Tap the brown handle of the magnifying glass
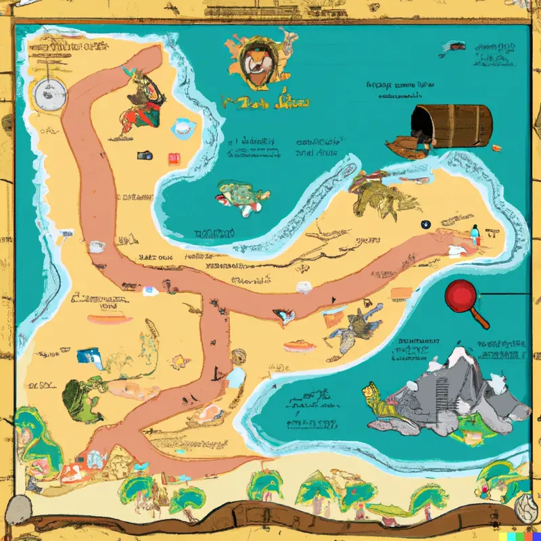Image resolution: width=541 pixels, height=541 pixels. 481,318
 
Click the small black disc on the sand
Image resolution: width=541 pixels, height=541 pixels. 427,225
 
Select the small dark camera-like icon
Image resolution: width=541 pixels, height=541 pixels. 145,156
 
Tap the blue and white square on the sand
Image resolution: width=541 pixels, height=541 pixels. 87,356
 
